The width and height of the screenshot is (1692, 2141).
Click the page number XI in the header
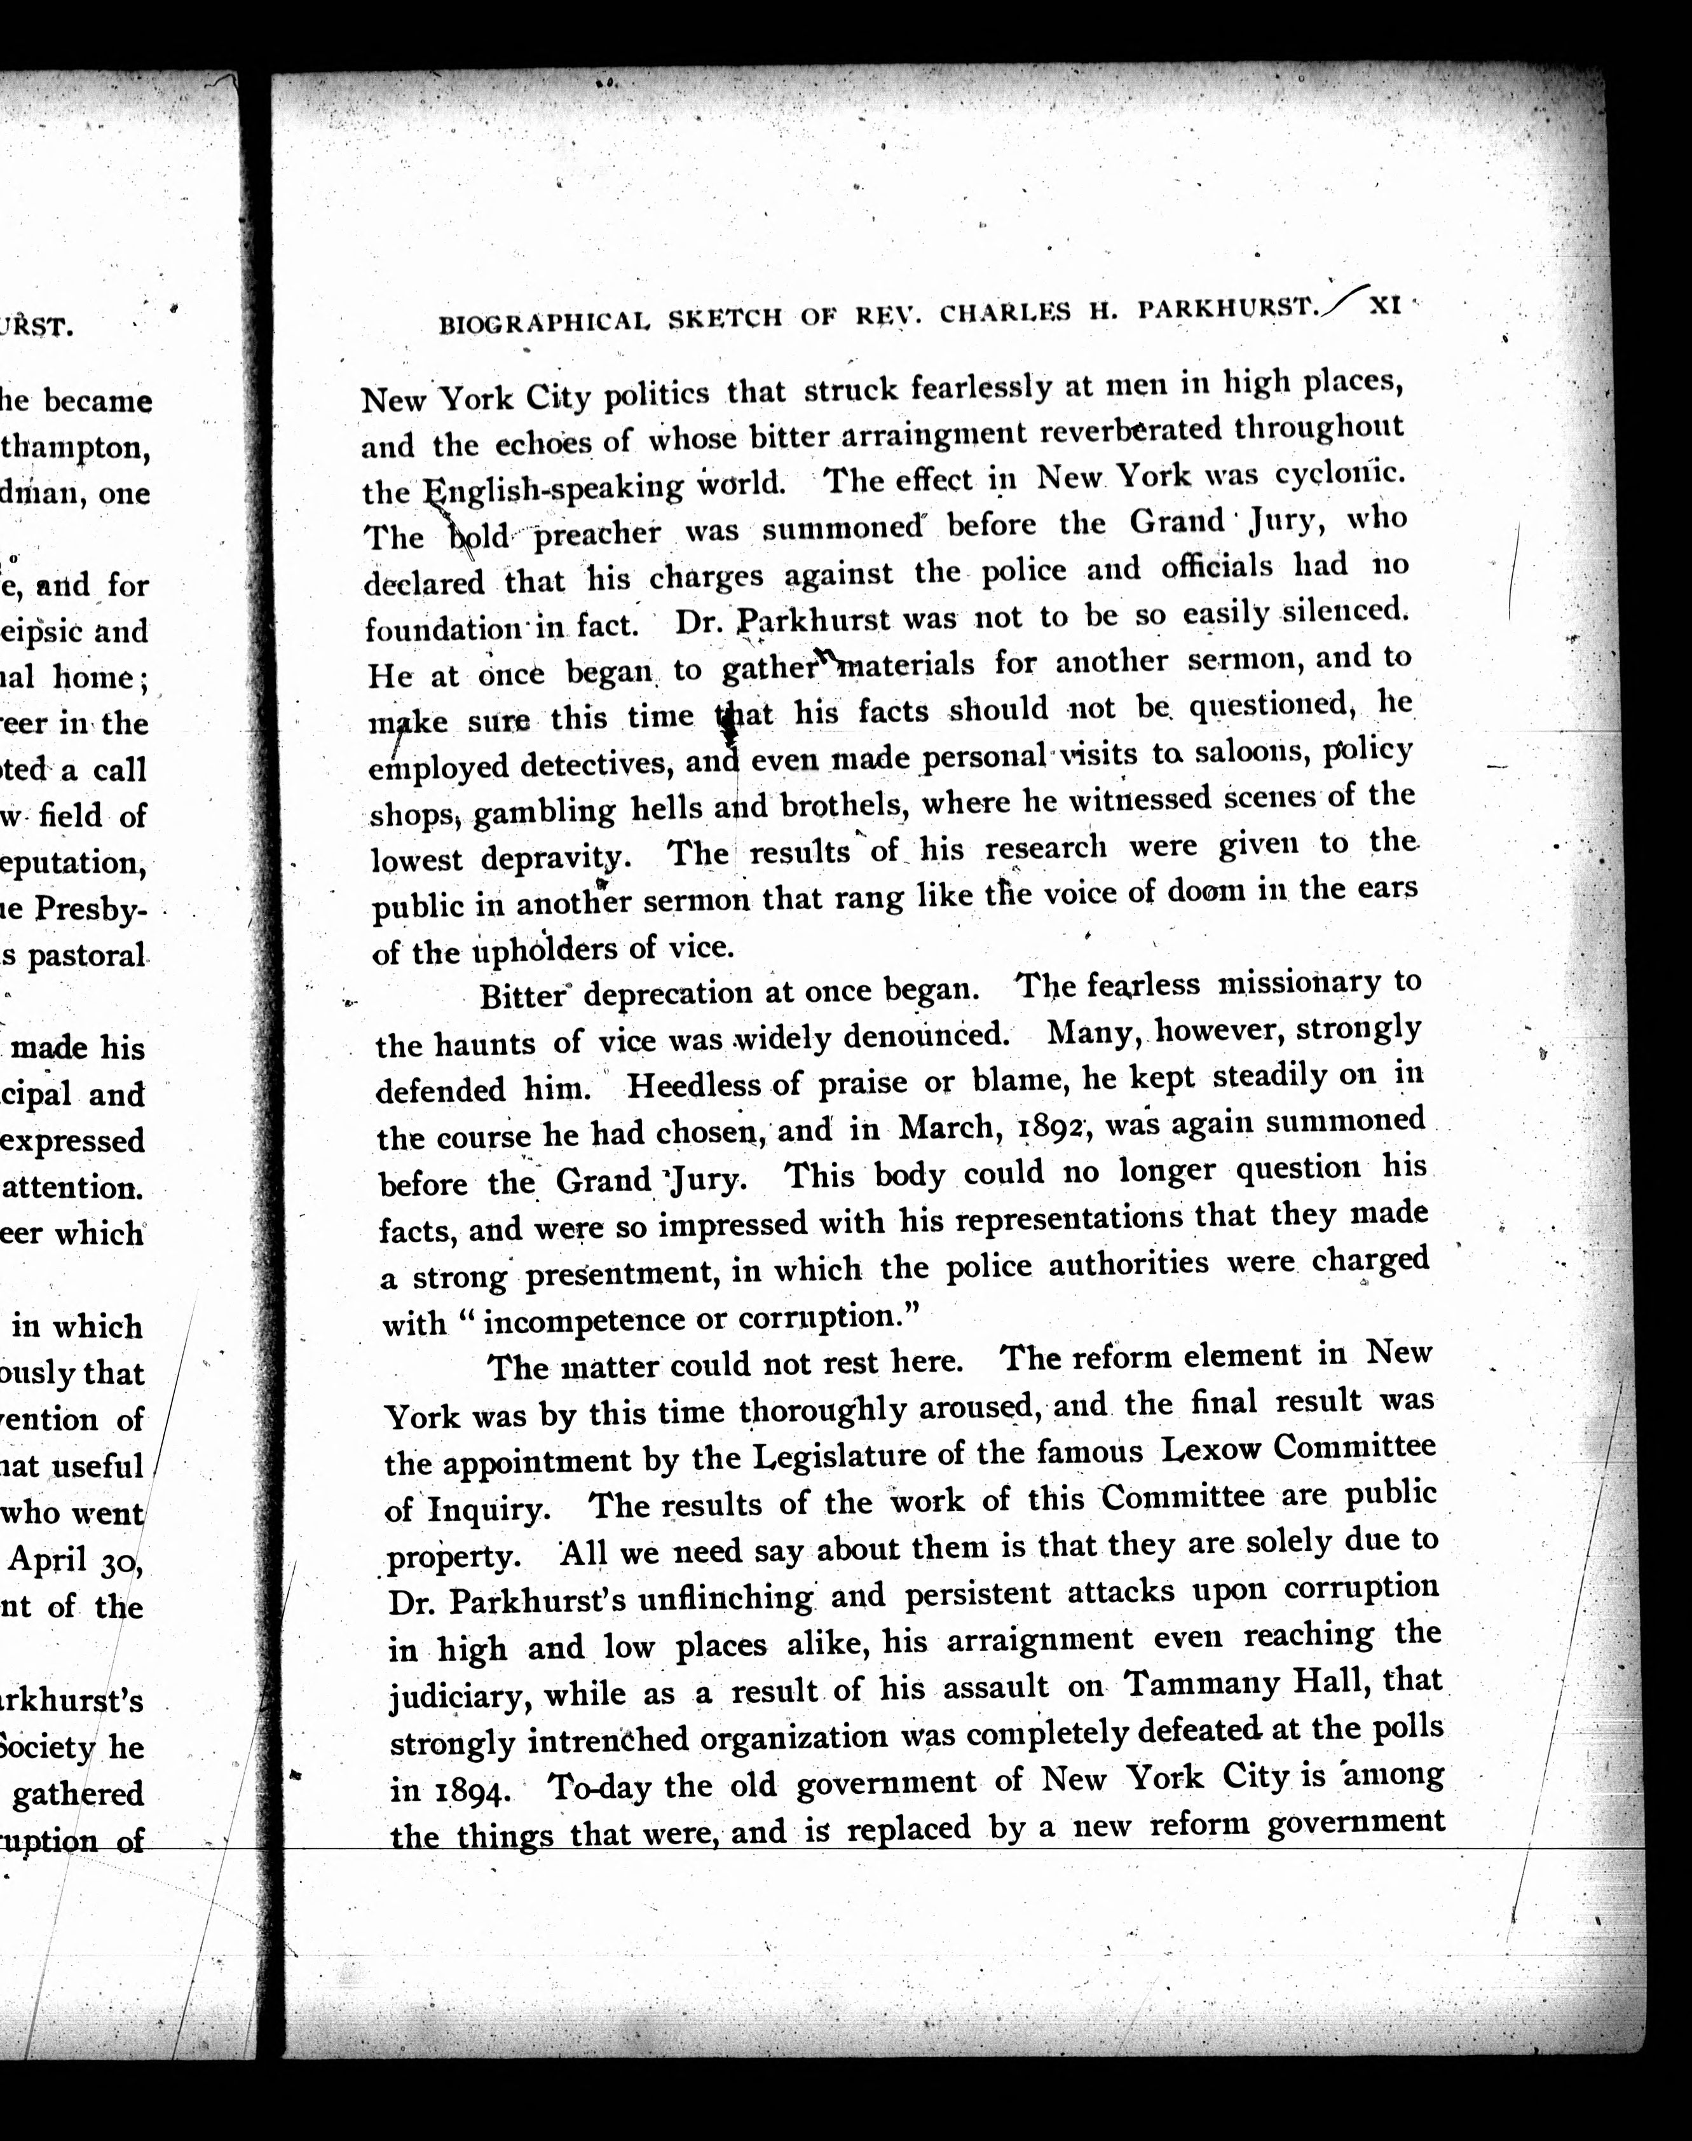point(1384,306)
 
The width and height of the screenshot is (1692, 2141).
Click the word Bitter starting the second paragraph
point(522,994)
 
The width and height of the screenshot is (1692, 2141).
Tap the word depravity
point(552,856)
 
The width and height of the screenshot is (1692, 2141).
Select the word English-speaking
point(555,488)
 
